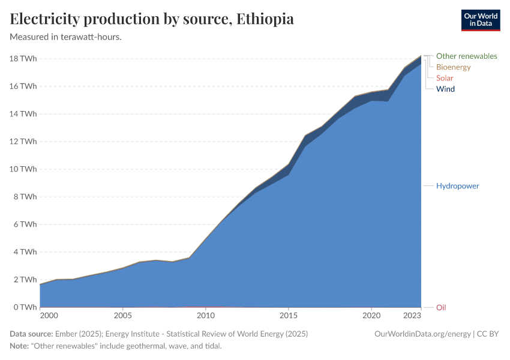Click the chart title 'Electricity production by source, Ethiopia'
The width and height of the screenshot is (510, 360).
click(x=152, y=19)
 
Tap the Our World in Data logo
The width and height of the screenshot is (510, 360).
click(x=480, y=20)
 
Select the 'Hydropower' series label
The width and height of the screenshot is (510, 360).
click(x=457, y=186)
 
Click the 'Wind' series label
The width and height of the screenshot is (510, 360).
click(x=445, y=89)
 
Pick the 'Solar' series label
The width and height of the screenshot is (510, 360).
click(x=445, y=78)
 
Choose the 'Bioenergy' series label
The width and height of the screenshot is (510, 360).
click(x=453, y=67)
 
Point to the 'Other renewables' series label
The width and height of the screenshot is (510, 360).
click(x=466, y=56)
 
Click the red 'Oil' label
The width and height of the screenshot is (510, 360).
click(x=441, y=307)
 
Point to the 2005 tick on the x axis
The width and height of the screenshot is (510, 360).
click(x=122, y=316)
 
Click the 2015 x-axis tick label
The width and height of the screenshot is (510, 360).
click(x=289, y=316)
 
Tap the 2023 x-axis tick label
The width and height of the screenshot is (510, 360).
click(x=411, y=316)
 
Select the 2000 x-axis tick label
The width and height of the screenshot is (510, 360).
click(x=49, y=316)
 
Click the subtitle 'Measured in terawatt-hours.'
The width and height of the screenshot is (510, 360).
click(x=66, y=37)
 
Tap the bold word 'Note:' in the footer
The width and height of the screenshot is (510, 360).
click(x=20, y=346)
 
